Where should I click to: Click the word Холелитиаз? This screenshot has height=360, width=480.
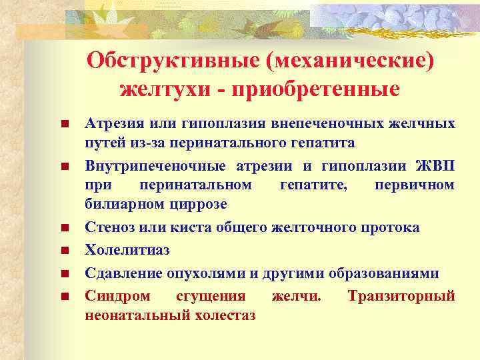click(127, 250)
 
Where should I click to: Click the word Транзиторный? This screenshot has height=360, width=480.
click(401, 295)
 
